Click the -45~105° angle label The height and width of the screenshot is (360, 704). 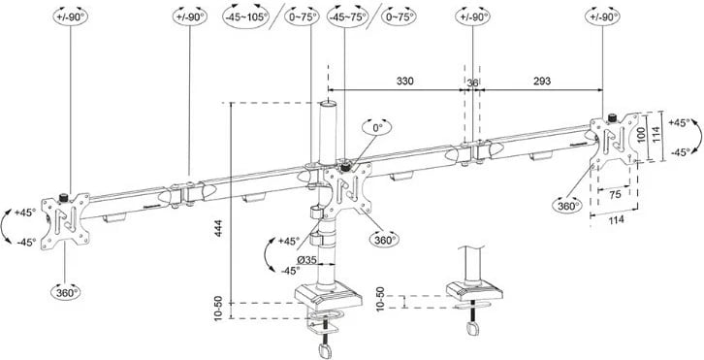[244, 17]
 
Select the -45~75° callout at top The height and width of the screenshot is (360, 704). [345, 17]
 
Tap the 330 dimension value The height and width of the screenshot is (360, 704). [406, 82]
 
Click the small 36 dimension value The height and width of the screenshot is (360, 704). [473, 82]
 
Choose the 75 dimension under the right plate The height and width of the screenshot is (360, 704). [615, 194]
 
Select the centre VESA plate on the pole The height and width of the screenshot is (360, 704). [347, 189]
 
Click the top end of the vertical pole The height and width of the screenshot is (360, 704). [329, 101]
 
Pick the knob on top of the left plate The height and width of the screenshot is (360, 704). [65, 197]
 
